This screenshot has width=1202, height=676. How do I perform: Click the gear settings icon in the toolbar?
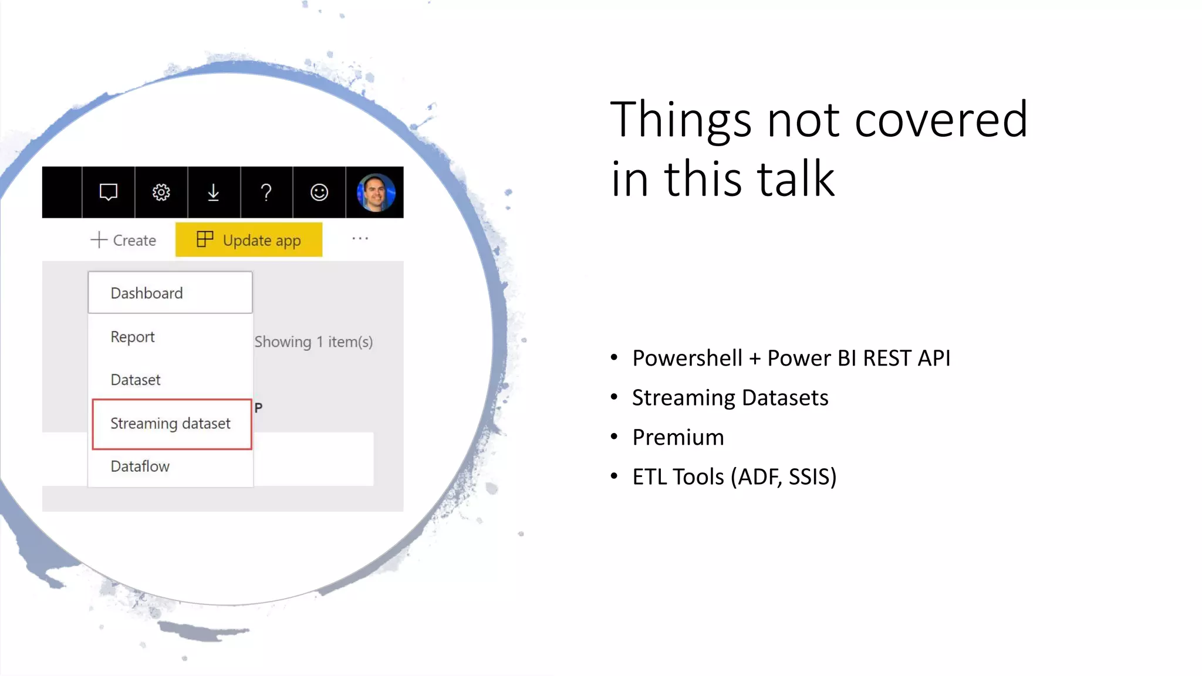click(161, 192)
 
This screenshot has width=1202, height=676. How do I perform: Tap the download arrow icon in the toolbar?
click(214, 192)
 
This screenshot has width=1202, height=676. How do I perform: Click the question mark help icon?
click(266, 192)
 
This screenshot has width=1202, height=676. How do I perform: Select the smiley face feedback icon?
click(319, 192)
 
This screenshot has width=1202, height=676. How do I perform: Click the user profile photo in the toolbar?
click(376, 192)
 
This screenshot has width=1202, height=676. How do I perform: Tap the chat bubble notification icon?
click(109, 192)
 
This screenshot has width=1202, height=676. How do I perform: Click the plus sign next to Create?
click(99, 240)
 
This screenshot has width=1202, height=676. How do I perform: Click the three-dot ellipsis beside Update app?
click(360, 239)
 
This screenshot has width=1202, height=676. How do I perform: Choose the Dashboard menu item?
click(147, 293)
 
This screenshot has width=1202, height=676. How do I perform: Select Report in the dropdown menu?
click(133, 337)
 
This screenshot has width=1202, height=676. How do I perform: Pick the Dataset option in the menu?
click(136, 380)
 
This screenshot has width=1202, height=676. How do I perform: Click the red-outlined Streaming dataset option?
click(171, 424)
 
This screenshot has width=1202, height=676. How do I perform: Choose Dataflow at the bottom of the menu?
click(140, 467)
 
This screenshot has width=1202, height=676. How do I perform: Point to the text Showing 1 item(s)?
click(313, 342)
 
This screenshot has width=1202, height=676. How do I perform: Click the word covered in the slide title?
click(941, 120)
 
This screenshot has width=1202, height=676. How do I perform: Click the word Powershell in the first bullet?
click(687, 359)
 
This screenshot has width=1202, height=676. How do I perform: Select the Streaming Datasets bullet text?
click(730, 398)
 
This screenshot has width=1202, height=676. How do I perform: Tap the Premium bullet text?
click(678, 438)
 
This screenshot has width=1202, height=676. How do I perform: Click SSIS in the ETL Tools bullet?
click(812, 477)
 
